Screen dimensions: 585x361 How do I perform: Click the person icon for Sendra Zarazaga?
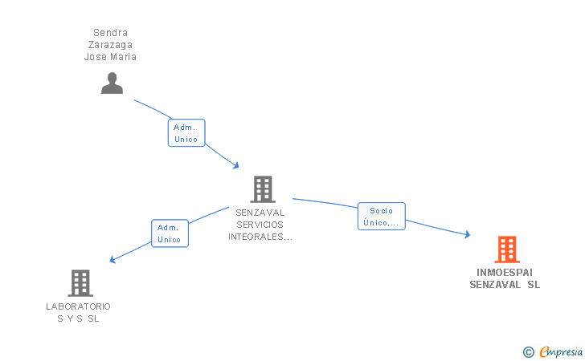(112, 83)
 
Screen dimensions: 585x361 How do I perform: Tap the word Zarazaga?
(110, 45)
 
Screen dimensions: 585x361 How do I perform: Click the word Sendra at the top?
(110, 33)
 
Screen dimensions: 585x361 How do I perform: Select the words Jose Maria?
(110, 57)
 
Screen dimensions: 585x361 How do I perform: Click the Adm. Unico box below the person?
(186, 133)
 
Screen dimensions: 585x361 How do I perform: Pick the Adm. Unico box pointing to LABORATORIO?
(170, 233)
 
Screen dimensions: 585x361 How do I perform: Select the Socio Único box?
(381, 217)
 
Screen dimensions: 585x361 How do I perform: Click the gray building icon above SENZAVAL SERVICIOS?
(263, 189)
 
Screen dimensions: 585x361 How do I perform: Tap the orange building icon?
(507, 249)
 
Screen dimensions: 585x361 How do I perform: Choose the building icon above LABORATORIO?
(80, 283)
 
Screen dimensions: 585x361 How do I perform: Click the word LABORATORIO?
(79, 306)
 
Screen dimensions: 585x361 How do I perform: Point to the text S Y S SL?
(79, 318)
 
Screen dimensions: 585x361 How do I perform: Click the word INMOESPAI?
(505, 273)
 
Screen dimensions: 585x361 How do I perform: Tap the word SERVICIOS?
(260, 225)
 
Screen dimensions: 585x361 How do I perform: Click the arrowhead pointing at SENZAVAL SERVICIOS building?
(235, 165)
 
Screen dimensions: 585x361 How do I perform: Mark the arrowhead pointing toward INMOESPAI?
(467, 234)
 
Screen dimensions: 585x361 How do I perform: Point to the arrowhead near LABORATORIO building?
(112, 259)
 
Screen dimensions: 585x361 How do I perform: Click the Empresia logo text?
(561, 351)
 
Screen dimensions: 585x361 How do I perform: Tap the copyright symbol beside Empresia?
(529, 352)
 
